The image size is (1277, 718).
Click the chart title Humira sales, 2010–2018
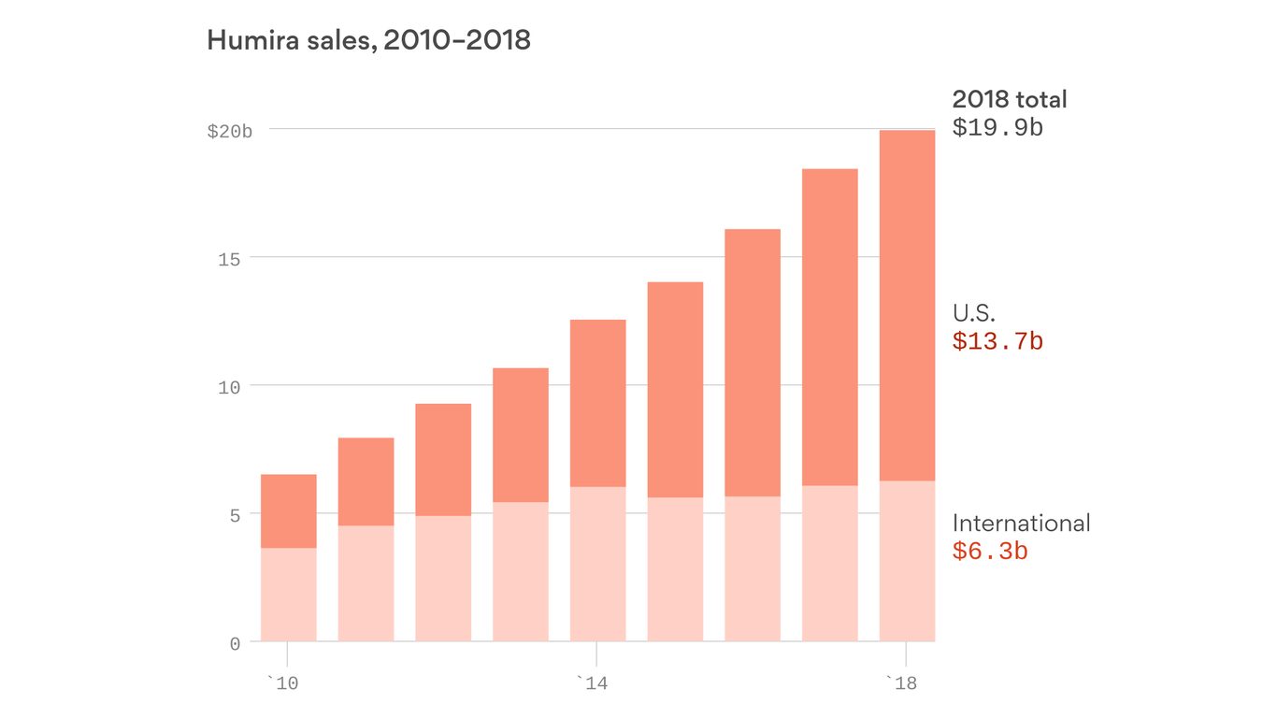(x=368, y=40)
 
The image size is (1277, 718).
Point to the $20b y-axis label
(x=230, y=132)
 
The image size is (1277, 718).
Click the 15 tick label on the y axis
(x=230, y=259)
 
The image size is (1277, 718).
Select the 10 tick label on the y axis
(x=230, y=387)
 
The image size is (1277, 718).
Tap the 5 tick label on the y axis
(x=235, y=515)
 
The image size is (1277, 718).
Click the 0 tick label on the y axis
(x=235, y=644)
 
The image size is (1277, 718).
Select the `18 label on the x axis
(x=902, y=684)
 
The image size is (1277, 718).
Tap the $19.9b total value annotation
(x=997, y=127)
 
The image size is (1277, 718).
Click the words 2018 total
(x=1010, y=99)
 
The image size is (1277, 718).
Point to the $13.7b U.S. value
(x=997, y=341)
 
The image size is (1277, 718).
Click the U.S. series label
(x=974, y=313)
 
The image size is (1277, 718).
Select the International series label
(x=1021, y=524)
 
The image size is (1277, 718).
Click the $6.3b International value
(x=990, y=552)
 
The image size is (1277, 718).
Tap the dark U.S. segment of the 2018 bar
(x=907, y=306)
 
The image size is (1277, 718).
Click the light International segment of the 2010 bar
(x=288, y=595)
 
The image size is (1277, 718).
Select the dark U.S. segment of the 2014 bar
(x=597, y=403)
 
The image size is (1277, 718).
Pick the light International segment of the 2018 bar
(x=907, y=561)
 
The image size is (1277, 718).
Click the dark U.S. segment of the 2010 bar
(x=288, y=511)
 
